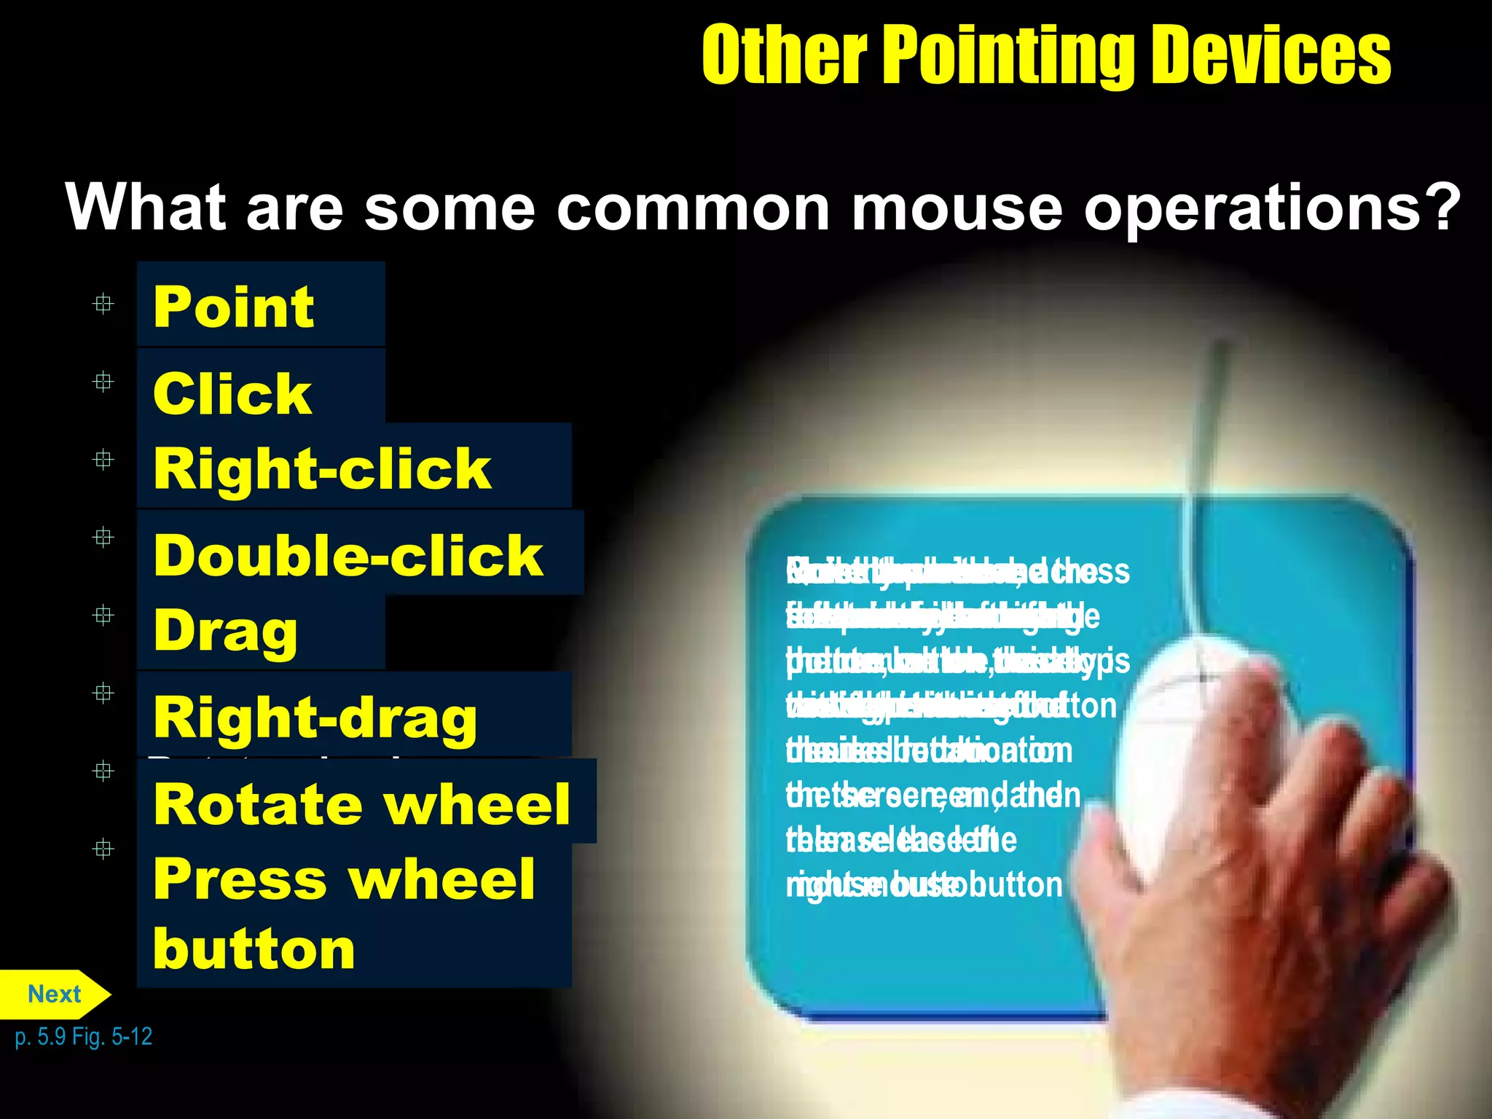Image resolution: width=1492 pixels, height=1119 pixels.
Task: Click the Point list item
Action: point(234,307)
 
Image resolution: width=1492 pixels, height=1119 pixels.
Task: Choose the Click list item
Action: point(232,393)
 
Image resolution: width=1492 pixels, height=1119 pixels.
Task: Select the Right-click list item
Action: point(322,468)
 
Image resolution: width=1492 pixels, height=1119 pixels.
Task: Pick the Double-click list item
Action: point(348,555)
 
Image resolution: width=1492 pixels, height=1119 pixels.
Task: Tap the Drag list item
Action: point(226,631)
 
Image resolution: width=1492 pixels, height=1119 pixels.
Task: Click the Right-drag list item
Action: point(315,718)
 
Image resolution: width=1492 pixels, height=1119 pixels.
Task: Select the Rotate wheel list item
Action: point(362,804)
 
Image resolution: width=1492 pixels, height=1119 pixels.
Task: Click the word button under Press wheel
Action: point(254,949)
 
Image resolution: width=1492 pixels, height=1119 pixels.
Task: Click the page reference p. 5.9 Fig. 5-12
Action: point(84,1036)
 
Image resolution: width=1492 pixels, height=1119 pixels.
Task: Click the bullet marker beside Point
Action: point(103,304)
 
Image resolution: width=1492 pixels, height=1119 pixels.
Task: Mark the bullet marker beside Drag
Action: point(103,616)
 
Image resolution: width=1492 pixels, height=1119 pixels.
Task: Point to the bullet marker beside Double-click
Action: point(103,538)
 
